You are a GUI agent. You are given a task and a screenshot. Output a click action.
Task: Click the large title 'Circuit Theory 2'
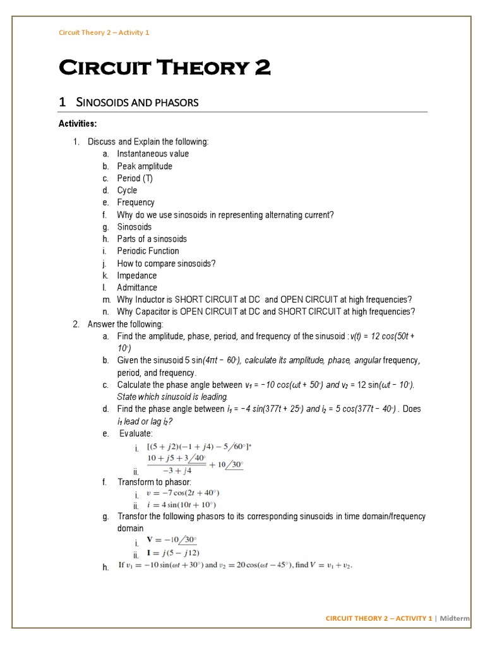tap(164, 67)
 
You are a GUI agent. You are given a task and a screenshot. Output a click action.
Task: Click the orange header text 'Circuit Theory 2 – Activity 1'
tap(104, 32)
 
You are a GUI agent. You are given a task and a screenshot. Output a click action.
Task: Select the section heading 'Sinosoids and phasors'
tap(137, 102)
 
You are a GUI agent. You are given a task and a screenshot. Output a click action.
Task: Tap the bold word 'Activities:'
tap(78, 124)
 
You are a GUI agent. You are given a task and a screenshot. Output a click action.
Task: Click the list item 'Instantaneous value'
tap(153, 154)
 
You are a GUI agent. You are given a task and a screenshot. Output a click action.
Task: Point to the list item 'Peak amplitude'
tap(145, 167)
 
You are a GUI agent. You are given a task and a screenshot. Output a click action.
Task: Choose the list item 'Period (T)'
tap(135, 179)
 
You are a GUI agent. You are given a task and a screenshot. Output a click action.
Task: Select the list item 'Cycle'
tap(127, 191)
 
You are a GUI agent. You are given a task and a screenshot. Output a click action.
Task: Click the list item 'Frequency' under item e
tap(136, 203)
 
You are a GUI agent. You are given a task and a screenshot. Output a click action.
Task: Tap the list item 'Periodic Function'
tap(148, 251)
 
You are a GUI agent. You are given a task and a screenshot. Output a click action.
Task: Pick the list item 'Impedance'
tap(137, 276)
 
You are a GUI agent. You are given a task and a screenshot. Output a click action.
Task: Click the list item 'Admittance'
tap(137, 288)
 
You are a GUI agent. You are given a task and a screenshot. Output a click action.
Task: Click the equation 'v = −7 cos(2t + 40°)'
tap(183, 493)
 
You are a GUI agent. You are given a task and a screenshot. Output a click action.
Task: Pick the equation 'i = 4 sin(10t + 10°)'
tap(181, 505)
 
